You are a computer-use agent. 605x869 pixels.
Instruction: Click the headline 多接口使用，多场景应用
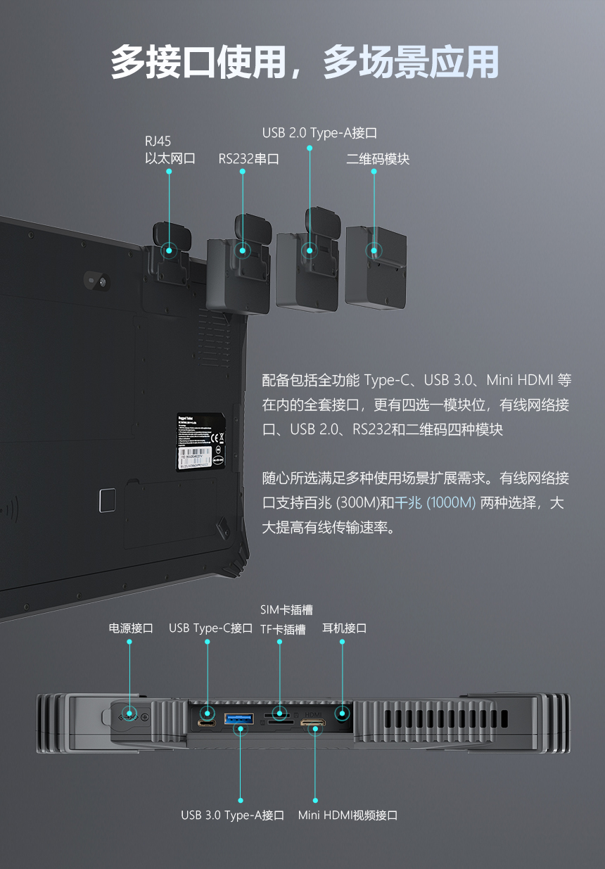304,63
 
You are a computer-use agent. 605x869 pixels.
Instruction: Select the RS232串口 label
248,159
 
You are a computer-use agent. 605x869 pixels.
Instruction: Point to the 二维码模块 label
377,159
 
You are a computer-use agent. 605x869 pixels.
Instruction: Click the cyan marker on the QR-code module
374,250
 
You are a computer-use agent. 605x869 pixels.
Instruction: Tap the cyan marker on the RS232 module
243,250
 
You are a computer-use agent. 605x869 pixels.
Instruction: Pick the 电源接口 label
130,628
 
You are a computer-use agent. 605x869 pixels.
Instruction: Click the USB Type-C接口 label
210,628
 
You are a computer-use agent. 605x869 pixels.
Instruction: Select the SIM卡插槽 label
286,610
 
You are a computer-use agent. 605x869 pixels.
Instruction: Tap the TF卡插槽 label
283,630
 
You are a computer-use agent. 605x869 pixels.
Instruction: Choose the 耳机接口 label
344,628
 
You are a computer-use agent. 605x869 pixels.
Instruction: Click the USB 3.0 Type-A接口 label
232,816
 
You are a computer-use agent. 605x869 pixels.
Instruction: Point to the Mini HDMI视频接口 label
348,816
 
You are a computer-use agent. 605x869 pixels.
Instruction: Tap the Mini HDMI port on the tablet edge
313,723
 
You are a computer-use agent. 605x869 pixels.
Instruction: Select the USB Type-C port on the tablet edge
207,723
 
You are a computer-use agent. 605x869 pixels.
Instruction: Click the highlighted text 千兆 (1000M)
435,503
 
